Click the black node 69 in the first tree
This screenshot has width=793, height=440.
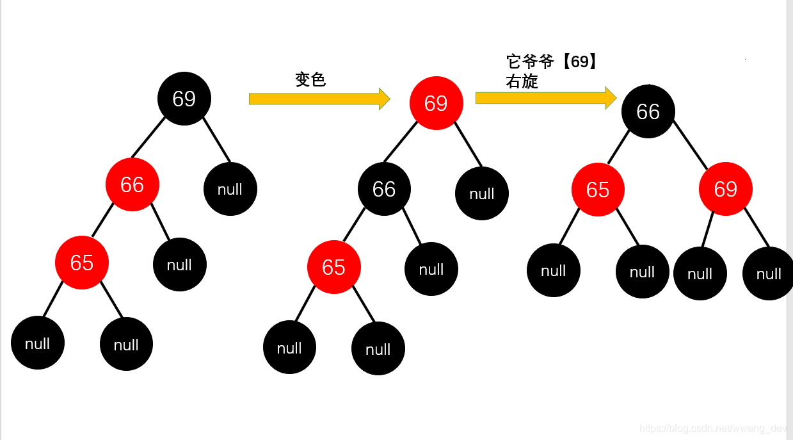184,99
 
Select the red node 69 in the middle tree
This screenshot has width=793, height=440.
436,103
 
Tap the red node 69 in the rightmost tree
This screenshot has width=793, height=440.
725,189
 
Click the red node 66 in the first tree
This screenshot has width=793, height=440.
132,184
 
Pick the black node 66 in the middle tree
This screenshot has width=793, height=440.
384,189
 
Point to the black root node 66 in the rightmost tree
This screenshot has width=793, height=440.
648,111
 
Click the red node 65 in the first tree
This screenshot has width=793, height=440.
82,263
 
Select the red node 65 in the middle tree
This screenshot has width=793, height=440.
333,267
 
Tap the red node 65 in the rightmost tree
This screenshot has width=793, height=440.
598,190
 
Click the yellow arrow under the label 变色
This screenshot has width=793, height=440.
319,99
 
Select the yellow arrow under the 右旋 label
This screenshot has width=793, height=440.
545,97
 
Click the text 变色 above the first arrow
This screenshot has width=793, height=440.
310,79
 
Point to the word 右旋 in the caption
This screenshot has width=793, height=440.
522,81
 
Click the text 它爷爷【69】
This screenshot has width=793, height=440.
552,62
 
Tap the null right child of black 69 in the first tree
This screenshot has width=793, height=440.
230,189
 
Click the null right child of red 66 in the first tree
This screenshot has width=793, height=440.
180,265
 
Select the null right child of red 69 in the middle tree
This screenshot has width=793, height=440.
482,193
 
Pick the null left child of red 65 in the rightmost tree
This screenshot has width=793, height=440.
554,270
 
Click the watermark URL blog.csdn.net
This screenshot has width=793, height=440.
714,428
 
